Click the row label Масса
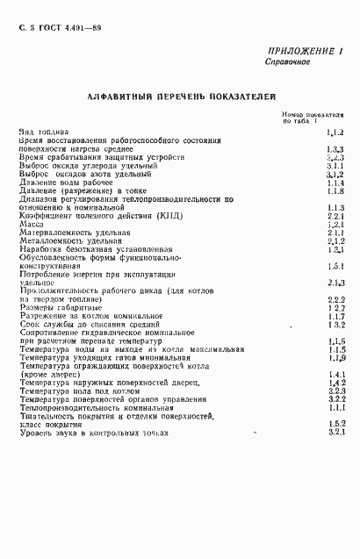click(x=31, y=224)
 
